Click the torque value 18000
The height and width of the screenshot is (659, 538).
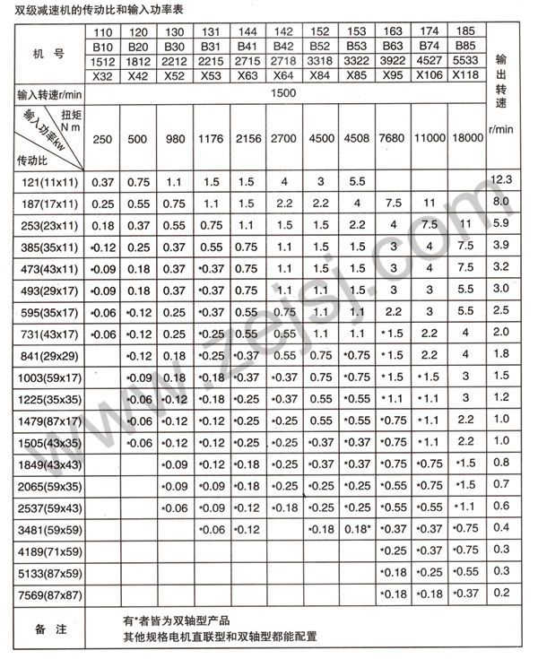point(465,140)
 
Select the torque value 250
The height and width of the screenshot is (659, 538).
point(103,140)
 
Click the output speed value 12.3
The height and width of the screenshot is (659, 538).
point(500,182)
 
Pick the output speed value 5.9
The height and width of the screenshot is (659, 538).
point(500,225)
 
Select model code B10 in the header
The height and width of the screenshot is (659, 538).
point(103,44)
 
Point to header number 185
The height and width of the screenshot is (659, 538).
point(465,30)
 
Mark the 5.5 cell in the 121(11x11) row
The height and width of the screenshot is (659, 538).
point(356,182)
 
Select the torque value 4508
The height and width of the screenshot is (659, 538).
point(356,140)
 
